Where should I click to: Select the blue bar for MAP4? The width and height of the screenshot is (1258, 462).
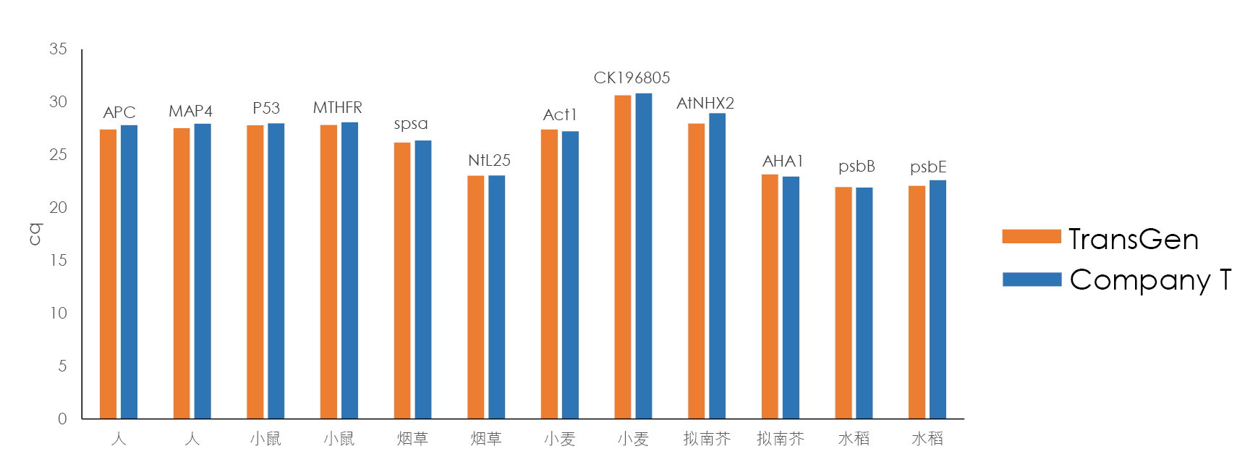pyautogui.click(x=203, y=271)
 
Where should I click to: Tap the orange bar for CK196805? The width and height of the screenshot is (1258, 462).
pyautogui.click(x=622, y=256)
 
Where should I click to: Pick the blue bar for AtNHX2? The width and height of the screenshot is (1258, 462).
pyautogui.click(x=717, y=266)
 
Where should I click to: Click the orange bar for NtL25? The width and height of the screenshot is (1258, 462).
pyautogui.click(x=475, y=297)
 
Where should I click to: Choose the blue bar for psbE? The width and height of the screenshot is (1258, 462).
pyautogui.click(x=938, y=299)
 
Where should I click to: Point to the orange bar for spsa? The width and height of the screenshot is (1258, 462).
pyautogui.click(x=402, y=280)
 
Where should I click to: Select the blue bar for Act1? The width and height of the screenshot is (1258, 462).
pyautogui.click(x=570, y=274)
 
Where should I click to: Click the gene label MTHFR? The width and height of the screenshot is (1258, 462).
pyautogui.click(x=337, y=108)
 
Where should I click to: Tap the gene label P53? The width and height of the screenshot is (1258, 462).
pyautogui.click(x=266, y=109)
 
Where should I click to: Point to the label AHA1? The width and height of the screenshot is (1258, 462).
pyautogui.click(x=783, y=161)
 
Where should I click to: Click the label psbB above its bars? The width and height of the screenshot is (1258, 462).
pyautogui.click(x=857, y=167)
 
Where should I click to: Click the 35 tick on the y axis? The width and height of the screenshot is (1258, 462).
pyautogui.click(x=58, y=49)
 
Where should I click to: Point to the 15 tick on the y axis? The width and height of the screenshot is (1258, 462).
pyautogui.click(x=58, y=260)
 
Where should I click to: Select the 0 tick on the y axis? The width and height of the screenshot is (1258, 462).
pyautogui.click(x=62, y=419)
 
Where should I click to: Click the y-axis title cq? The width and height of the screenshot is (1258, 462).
pyautogui.click(x=35, y=234)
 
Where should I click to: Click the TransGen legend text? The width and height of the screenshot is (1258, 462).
pyautogui.click(x=1134, y=239)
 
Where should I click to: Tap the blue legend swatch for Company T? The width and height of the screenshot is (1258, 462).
pyautogui.click(x=1032, y=280)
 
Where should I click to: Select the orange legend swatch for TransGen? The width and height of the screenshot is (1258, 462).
pyautogui.click(x=1032, y=236)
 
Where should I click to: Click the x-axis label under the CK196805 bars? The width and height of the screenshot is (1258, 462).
pyautogui.click(x=633, y=439)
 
